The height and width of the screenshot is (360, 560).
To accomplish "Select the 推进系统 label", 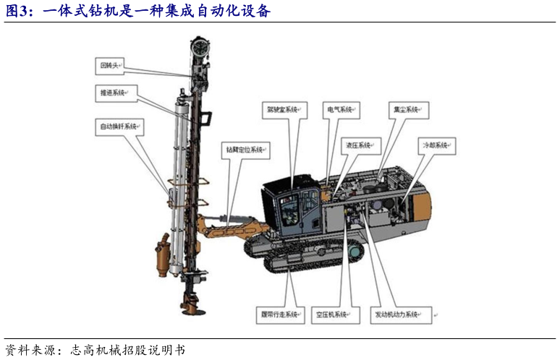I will pos(114,93).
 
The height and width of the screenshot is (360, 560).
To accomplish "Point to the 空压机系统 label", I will pos(336,315).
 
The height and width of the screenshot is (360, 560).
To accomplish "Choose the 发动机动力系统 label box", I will pos(397,315).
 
